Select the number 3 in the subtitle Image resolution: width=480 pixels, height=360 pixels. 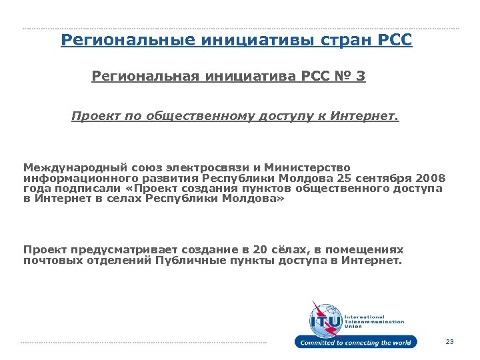click(x=361, y=77)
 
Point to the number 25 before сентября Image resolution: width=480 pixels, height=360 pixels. click(x=344, y=179)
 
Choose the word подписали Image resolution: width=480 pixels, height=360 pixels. click(x=83, y=189)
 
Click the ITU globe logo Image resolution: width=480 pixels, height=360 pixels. click(x=324, y=318)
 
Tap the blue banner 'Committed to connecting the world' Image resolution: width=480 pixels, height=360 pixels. click(x=357, y=343)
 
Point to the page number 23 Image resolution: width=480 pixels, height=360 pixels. click(x=449, y=342)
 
